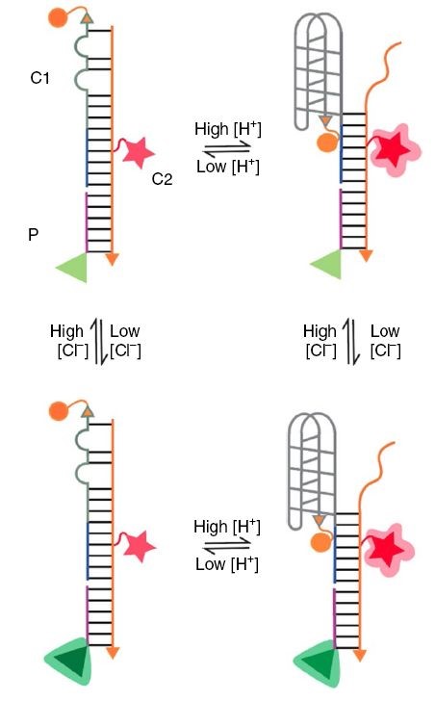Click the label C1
[39, 78]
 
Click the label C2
[162, 179]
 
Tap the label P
[33, 234]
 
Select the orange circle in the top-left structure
[58, 17]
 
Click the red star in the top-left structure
[138, 152]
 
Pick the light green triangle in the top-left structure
[74, 267]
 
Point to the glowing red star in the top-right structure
[395, 150]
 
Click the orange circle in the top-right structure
[327, 143]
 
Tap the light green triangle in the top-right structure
[328, 264]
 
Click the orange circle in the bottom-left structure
[59, 411]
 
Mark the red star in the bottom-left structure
[139, 546]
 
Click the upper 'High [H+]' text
[227, 129]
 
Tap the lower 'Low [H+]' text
[227, 563]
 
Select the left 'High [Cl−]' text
[69, 341]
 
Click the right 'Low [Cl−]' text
[385, 341]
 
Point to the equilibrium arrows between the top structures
[227, 148]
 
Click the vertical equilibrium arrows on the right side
[352, 342]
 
